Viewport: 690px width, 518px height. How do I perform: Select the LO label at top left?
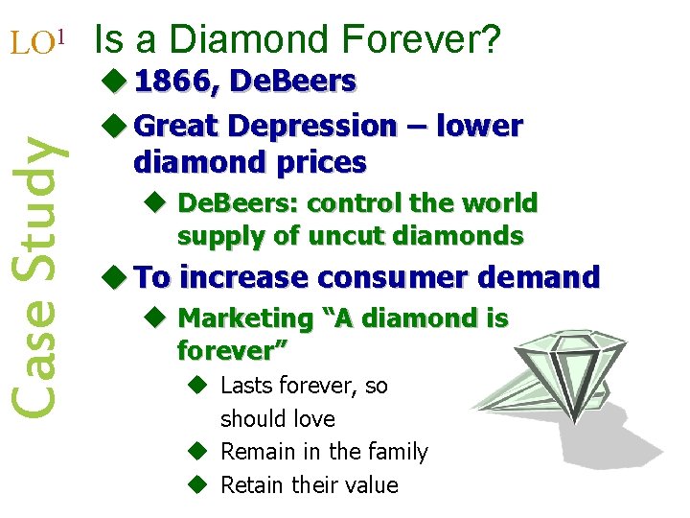click(x=30, y=42)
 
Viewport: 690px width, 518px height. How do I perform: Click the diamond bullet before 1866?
click(x=114, y=82)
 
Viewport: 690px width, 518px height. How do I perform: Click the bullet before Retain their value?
click(x=195, y=484)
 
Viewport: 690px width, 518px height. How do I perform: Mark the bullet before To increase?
click(x=114, y=278)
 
